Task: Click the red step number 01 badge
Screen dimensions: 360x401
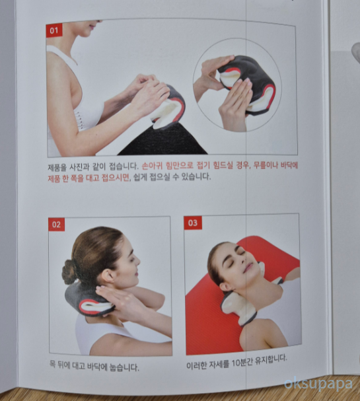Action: (x=54, y=30)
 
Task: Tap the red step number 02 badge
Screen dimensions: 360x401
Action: (x=57, y=225)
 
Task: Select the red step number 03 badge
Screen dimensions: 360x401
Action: (x=192, y=223)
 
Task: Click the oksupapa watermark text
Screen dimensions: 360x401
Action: (x=318, y=383)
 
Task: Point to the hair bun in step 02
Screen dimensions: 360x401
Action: (x=69, y=272)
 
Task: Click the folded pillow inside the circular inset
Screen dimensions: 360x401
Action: (x=248, y=83)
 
